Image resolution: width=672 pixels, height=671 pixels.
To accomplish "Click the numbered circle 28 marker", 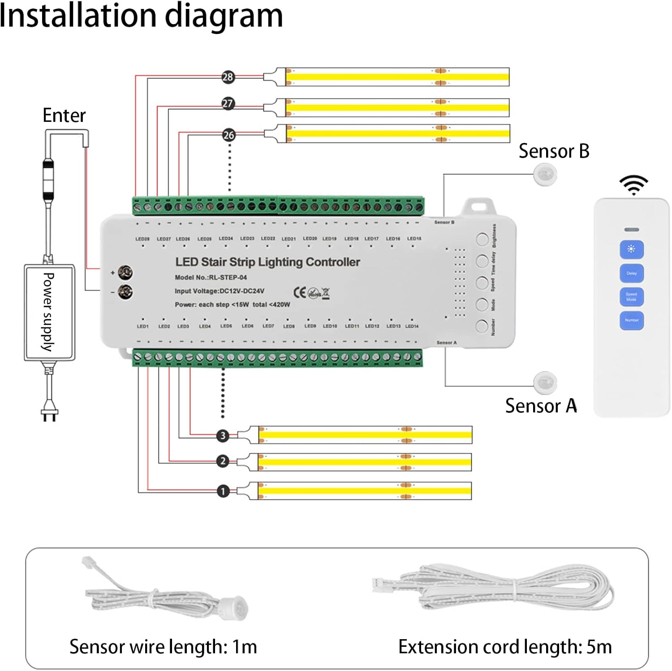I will click(228, 77).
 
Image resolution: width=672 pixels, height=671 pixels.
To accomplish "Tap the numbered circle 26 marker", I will click(228, 135).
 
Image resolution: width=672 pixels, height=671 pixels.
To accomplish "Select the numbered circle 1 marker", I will click(223, 491).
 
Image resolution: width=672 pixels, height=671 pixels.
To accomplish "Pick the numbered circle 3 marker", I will click(223, 436).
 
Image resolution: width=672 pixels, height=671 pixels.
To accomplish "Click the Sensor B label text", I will click(554, 151).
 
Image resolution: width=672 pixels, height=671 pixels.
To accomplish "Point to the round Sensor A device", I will click(545, 382).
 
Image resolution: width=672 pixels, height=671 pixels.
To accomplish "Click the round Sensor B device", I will click(545, 174).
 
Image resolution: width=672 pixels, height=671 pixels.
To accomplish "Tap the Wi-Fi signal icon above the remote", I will click(633, 185).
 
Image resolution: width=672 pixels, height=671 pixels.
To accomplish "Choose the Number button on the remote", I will click(632, 320).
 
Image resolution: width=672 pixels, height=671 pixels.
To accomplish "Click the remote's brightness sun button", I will click(632, 249).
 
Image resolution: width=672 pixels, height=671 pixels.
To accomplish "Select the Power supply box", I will click(49, 312).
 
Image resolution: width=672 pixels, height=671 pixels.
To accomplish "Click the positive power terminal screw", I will click(125, 272).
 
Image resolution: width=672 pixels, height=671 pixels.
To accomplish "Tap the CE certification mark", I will click(299, 292).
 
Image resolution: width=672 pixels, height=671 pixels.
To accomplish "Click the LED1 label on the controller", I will click(142, 327).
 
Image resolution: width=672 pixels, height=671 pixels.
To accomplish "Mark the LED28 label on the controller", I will click(142, 239).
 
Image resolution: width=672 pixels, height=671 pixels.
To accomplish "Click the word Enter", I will click(64, 116).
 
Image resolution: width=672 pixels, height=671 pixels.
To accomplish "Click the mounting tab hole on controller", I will click(479, 207).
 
